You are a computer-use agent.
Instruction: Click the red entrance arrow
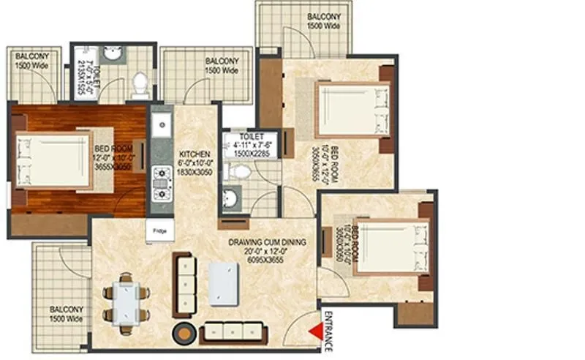pos(316,333)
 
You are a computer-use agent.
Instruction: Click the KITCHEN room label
pos(195,153)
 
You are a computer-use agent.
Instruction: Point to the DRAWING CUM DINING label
pos(267,242)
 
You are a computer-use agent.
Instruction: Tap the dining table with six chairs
pos(126,299)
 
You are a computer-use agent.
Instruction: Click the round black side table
pos(181,332)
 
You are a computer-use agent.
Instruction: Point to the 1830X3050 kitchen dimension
pos(195,172)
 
